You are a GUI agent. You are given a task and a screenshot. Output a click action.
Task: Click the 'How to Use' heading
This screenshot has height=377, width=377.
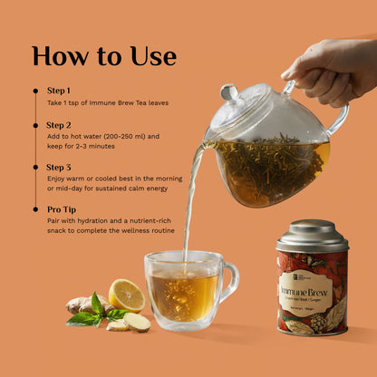pos(104,55)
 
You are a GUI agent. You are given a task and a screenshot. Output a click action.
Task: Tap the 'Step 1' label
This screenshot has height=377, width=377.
pos(58,91)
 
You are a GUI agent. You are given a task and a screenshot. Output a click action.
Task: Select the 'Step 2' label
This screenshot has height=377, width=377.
pos(59,125)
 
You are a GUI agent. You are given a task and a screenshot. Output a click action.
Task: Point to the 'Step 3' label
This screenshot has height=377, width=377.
pos(59,167)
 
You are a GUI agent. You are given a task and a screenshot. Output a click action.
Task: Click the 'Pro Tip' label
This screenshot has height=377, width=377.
pos(61,208)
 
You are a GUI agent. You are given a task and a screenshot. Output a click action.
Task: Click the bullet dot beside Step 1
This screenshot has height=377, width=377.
pos(35,91)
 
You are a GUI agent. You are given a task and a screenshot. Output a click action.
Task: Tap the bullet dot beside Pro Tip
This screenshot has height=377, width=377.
pos(35,208)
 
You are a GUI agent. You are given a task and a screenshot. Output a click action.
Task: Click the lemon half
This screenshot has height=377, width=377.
pos(127,295)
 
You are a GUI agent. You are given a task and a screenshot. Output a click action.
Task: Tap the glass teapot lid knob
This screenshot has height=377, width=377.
pos(230,92)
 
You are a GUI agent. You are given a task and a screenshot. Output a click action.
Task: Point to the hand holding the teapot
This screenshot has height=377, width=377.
pos(331,68)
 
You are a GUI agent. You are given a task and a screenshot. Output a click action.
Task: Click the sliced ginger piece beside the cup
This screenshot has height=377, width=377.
pos(136,322)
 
